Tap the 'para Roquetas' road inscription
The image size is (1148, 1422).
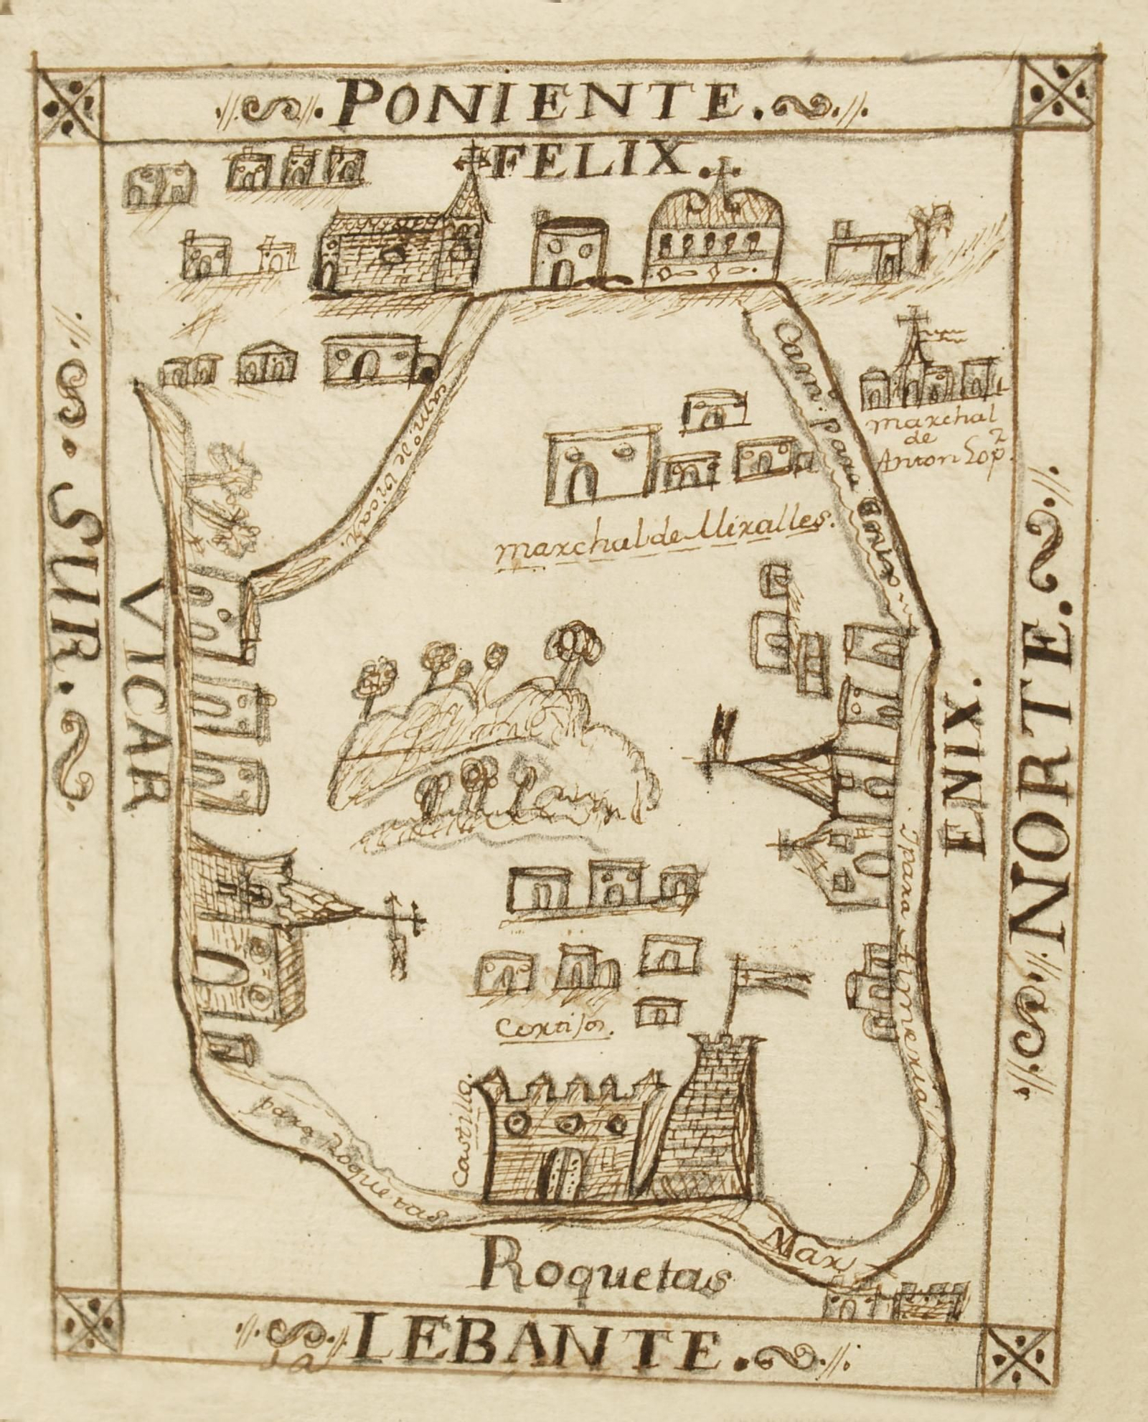click(344, 1155)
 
